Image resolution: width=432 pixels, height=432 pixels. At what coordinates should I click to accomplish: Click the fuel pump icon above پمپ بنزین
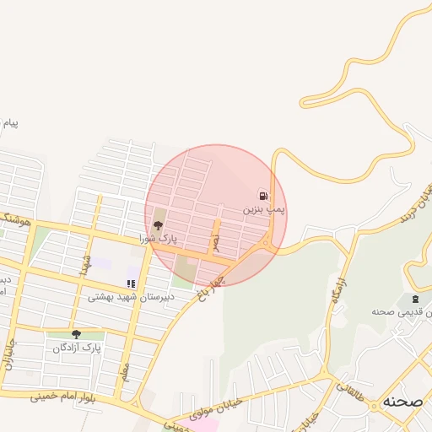pyautogui.click(x=263, y=194)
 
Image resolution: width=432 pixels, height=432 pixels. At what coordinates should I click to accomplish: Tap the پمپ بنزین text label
pyautogui.click(x=264, y=208)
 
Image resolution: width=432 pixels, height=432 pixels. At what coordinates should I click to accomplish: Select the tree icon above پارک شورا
pyautogui.click(x=158, y=225)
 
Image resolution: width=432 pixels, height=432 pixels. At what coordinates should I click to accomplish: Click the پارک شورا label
pyautogui.click(x=159, y=239)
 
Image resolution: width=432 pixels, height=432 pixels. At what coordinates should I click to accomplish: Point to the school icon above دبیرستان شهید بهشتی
pyautogui.click(x=131, y=284)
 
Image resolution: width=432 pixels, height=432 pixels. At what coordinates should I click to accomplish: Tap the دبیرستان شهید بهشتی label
pyautogui.click(x=132, y=297)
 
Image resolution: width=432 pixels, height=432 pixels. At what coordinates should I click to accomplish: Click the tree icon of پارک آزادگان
pyautogui.click(x=77, y=335)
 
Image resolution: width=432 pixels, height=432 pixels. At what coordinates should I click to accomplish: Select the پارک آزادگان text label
pyautogui.click(x=77, y=348)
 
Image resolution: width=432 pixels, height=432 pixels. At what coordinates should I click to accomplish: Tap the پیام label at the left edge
pyautogui.click(x=9, y=123)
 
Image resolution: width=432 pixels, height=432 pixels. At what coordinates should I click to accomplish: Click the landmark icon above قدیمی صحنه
pyautogui.click(x=414, y=299)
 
